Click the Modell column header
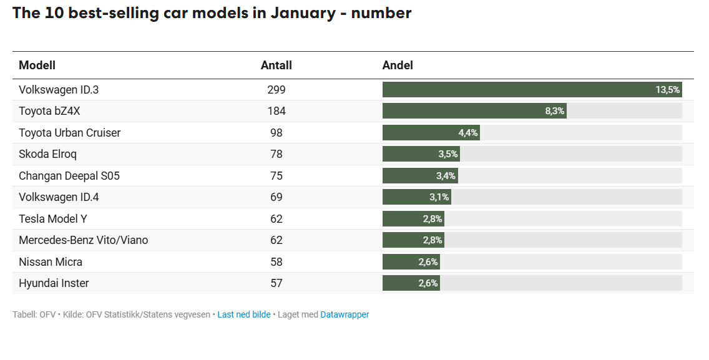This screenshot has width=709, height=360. (x=37, y=66)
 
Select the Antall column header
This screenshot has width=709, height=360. (x=276, y=66)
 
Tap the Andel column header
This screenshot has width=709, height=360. (x=398, y=66)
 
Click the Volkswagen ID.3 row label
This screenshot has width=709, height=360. (x=59, y=90)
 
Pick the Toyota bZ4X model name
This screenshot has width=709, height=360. (x=49, y=111)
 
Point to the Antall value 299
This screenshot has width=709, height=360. (x=276, y=90)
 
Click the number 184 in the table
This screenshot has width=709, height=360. (x=276, y=111)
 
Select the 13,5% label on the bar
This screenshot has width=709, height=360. (x=667, y=90)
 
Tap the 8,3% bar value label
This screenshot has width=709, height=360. (x=554, y=111)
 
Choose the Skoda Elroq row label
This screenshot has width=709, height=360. (x=48, y=154)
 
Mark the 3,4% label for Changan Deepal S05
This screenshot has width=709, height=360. (x=446, y=176)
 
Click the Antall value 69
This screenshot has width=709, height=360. (x=276, y=197)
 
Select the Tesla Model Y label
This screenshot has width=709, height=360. (x=53, y=219)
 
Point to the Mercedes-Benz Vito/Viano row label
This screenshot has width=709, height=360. (x=83, y=240)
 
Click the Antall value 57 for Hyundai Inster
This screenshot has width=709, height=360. (x=276, y=283)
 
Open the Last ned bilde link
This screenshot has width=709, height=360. (x=243, y=315)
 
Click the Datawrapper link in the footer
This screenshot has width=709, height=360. (x=345, y=315)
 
